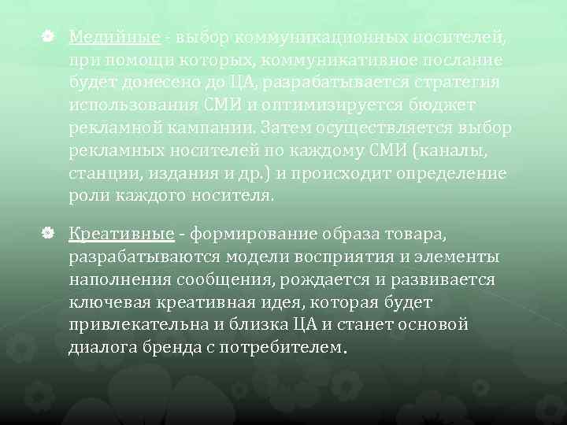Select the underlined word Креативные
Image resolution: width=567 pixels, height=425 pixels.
coord(121,235)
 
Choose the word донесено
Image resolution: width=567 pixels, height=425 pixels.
coord(161,83)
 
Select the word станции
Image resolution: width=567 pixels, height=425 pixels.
coord(98,173)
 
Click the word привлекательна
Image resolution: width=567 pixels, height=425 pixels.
coord(139,324)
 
